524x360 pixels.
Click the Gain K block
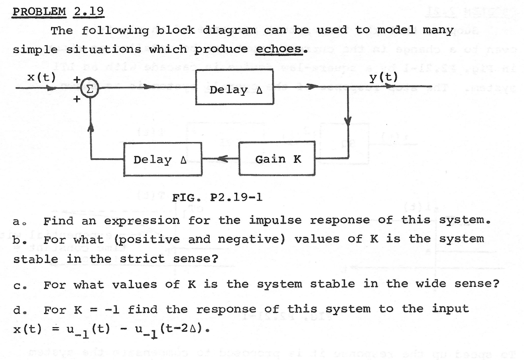(x=278, y=159)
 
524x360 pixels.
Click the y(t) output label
(x=384, y=78)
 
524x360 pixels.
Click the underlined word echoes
(x=281, y=49)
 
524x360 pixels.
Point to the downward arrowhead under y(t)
(x=348, y=121)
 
